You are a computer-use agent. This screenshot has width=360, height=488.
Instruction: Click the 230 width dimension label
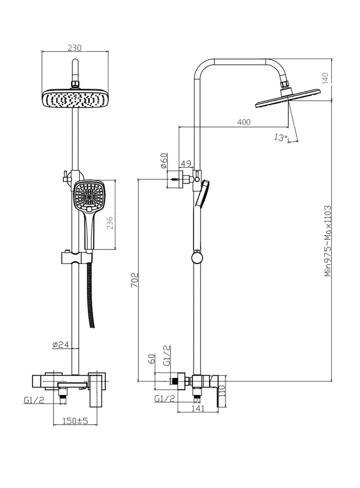pyautogui.click(x=74, y=47)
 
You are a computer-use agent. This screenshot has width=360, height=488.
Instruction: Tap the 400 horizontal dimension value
pyautogui.click(x=244, y=122)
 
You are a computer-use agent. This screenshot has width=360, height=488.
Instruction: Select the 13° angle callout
pyautogui.click(x=281, y=137)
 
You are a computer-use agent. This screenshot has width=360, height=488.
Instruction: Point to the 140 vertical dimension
pyautogui.click(x=325, y=78)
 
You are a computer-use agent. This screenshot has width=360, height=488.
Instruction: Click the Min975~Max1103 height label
pyautogui.click(x=328, y=241)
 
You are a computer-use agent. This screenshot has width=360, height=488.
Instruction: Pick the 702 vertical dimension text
pyautogui.click(x=135, y=280)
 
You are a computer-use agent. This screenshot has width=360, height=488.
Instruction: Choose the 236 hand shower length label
pyautogui.click(x=110, y=223)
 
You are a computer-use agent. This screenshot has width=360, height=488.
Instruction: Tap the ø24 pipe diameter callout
pyautogui.click(x=61, y=344)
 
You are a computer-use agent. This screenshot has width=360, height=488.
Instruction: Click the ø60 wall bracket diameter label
pyautogui.click(x=164, y=161)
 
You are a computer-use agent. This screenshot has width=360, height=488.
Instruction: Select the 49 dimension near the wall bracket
pyautogui.click(x=186, y=163)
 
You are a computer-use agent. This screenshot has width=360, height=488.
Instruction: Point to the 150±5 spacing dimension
pyautogui.click(x=76, y=421)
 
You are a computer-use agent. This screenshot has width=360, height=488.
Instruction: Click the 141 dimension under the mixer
pyautogui.click(x=198, y=408)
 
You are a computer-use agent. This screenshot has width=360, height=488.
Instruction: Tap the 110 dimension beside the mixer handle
pyautogui.click(x=222, y=391)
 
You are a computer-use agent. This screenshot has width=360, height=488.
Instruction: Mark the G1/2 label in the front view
pyautogui.click(x=34, y=400)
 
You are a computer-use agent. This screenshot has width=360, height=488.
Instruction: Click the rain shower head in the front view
pyautogui.click(x=75, y=98)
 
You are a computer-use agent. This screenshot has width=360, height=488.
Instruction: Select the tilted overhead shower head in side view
pyautogui.click(x=288, y=97)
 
